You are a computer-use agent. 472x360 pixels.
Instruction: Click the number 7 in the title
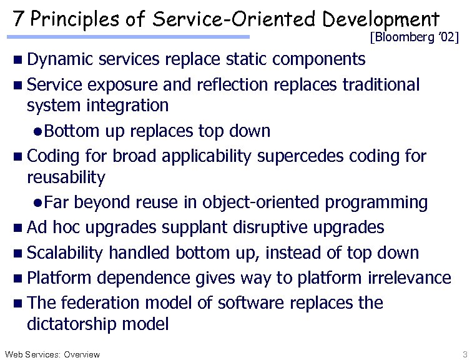click(x=17, y=19)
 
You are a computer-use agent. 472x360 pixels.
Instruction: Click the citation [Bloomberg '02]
click(x=415, y=38)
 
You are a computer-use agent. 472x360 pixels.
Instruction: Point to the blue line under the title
click(x=131, y=37)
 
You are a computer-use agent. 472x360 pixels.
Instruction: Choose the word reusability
click(x=66, y=177)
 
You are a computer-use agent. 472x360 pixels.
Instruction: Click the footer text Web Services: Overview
click(x=52, y=354)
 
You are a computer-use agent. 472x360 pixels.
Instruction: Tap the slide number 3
click(x=465, y=354)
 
